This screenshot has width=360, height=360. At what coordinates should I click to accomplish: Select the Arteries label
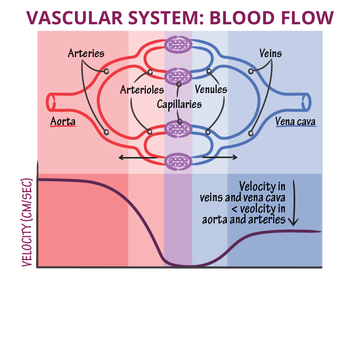(86, 54)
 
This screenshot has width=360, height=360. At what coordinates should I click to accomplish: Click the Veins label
(270, 54)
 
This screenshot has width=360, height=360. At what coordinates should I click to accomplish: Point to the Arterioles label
(142, 90)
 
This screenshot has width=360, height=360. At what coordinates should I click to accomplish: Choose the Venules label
(211, 90)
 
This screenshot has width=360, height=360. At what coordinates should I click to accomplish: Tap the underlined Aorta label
(63, 121)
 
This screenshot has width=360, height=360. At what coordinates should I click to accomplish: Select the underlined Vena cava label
(296, 121)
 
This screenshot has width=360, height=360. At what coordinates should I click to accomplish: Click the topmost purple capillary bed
(179, 44)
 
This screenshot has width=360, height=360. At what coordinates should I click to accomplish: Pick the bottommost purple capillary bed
(179, 161)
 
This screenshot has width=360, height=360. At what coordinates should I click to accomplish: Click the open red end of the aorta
(50, 102)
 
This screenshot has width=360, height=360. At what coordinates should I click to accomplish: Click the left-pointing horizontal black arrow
(137, 157)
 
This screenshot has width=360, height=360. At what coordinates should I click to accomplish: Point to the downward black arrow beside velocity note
(294, 202)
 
